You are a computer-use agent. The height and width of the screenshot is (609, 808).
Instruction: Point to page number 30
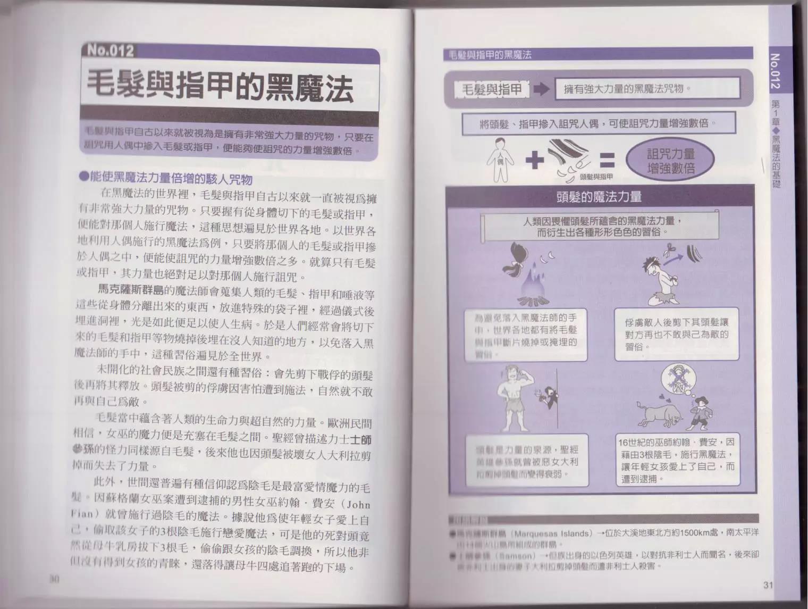click(53, 579)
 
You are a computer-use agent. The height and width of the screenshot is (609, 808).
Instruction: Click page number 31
click(767, 585)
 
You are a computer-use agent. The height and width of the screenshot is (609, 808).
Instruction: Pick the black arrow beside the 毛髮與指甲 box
click(541, 89)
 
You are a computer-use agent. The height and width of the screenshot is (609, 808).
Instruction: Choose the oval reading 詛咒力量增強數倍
click(671, 161)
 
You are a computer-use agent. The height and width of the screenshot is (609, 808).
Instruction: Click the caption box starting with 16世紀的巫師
click(677, 460)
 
